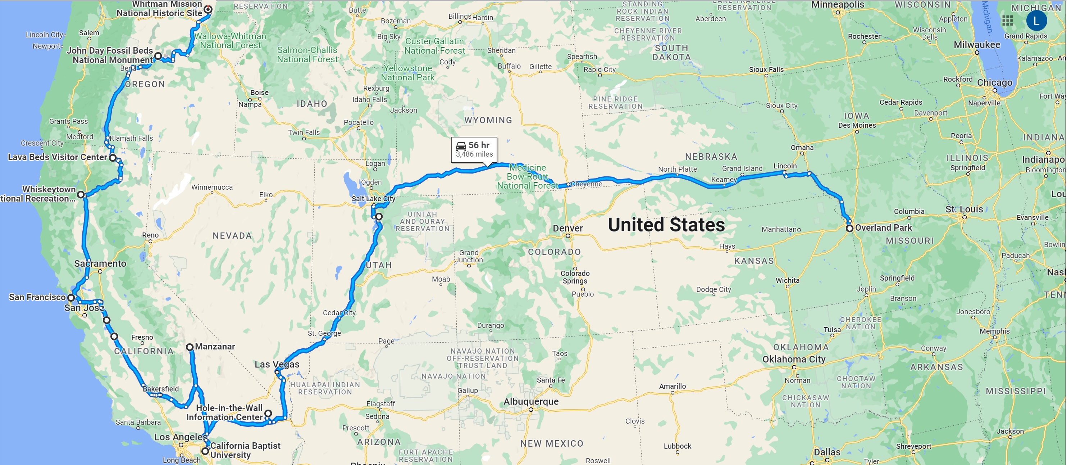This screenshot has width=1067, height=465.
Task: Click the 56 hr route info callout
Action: click(x=474, y=149)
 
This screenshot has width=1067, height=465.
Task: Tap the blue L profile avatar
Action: click(x=1036, y=21)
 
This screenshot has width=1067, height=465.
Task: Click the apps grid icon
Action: click(x=1007, y=21)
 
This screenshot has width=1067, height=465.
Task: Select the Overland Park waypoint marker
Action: click(x=849, y=228)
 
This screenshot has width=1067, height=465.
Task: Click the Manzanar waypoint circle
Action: click(x=190, y=347)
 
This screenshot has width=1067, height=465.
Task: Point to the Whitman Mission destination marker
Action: click(x=208, y=9)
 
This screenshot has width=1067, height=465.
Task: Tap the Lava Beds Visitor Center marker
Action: click(x=113, y=158)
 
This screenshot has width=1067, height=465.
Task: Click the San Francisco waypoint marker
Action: click(x=71, y=298)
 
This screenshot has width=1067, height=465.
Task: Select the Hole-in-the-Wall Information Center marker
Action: click(x=268, y=413)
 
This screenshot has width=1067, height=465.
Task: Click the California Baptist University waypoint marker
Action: click(x=205, y=451)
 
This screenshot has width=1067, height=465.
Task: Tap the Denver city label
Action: click(x=567, y=228)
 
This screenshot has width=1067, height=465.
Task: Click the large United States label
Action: click(x=666, y=225)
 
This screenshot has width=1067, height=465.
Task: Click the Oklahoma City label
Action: click(x=794, y=359)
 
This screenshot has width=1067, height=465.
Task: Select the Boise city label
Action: click(x=259, y=92)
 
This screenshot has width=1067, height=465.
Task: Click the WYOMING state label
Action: click(x=488, y=120)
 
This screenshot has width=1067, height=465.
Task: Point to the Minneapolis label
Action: click(x=838, y=5)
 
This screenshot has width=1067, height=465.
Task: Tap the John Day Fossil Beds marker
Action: click(x=158, y=55)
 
